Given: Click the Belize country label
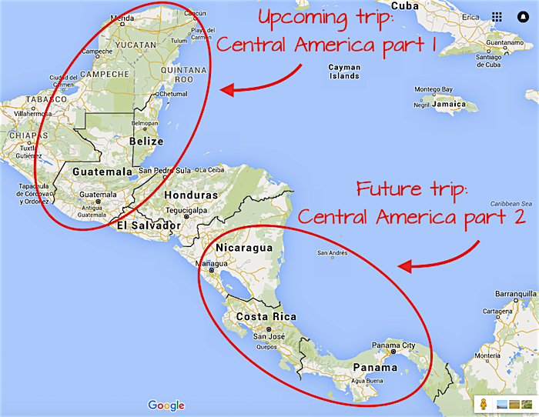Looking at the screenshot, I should [x=146, y=142].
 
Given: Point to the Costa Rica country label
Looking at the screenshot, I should [x=266, y=317].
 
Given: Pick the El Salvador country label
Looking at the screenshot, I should [x=149, y=225].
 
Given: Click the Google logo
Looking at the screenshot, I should [x=166, y=405].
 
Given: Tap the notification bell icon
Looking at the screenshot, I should [x=523, y=16].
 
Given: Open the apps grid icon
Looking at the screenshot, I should [x=497, y=16].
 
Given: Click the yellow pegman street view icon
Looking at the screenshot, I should [x=481, y=404].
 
